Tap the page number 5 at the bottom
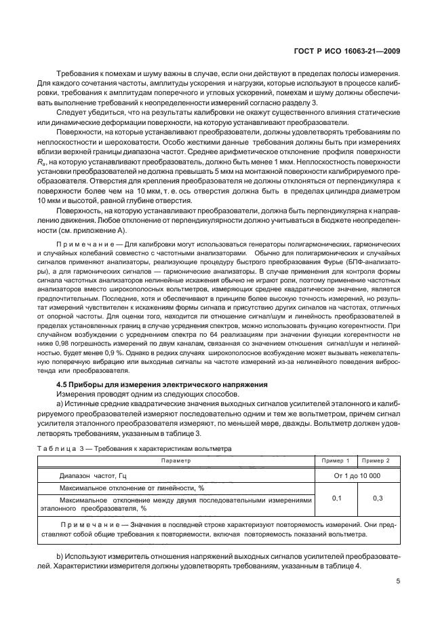tap(397, 581)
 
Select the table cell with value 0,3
tap(379, 498)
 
